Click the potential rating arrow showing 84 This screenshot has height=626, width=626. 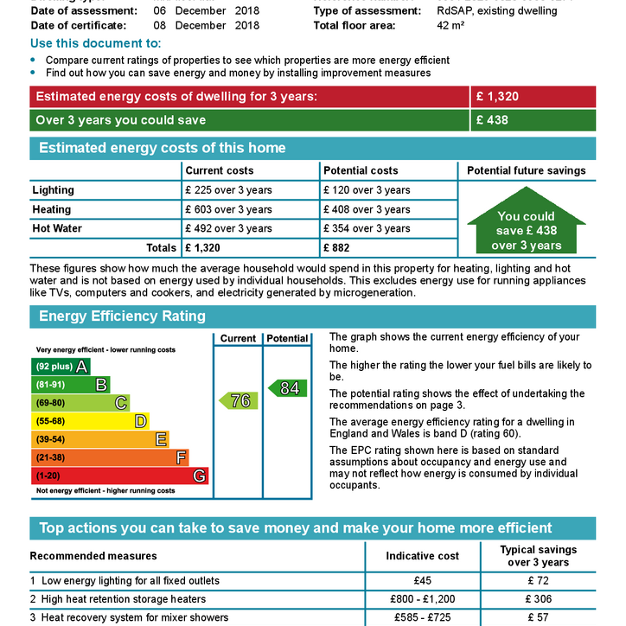coord(287,388)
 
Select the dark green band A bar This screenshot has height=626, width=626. coord(61,367)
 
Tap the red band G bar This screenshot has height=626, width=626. coord(119,476)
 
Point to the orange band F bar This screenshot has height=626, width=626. coord(109,457)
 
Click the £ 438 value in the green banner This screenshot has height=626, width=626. coord(492,120)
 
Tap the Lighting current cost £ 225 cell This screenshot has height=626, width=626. coord(228,190)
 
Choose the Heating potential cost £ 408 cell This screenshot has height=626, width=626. coord(367,209)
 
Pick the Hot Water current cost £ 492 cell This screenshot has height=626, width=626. coord(228,228)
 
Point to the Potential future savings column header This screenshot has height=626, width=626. coord(526,170)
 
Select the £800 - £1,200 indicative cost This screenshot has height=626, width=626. coord(422,599)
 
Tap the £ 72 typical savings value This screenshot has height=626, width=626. coord(537,581)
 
